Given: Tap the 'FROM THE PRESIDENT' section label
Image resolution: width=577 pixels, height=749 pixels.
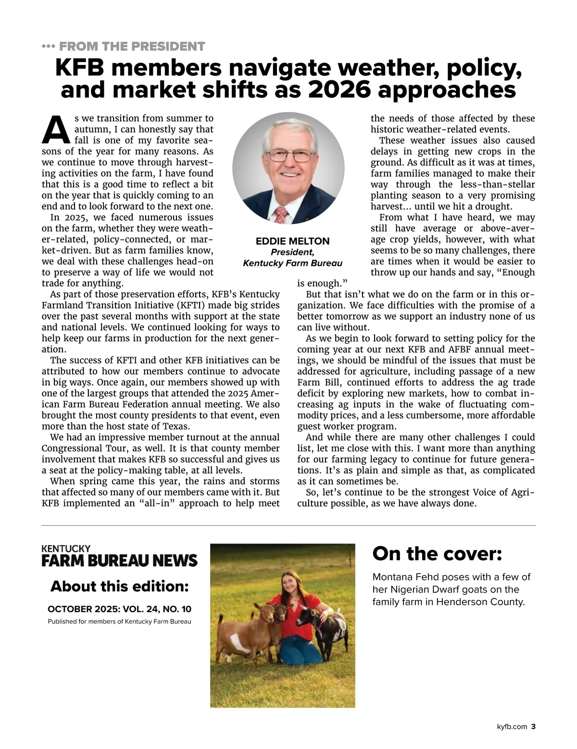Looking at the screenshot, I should tap(132, 47).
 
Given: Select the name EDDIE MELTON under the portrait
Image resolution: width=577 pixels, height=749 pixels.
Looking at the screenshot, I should tap(292, 241).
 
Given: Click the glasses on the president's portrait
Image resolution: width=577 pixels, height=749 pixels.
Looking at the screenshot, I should tap(289, 155).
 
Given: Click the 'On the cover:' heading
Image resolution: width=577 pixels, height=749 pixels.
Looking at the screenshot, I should tap(437, 554).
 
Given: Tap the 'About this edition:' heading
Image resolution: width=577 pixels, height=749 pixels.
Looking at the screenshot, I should tap(119, 587).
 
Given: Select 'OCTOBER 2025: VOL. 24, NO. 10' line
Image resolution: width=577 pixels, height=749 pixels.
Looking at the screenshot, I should tap(119, 609).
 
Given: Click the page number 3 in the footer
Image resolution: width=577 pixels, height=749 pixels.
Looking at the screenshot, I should tap(533, 727).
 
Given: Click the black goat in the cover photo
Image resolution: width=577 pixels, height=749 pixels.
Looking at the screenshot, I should tap(322, 625).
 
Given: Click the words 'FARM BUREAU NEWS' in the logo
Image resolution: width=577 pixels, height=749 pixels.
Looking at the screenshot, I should tap(119, 561).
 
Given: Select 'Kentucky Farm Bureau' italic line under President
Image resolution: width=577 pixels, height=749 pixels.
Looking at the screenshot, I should tap(292, 263).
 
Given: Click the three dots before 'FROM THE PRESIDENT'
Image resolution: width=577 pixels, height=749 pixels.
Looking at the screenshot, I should tap(49, 47).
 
